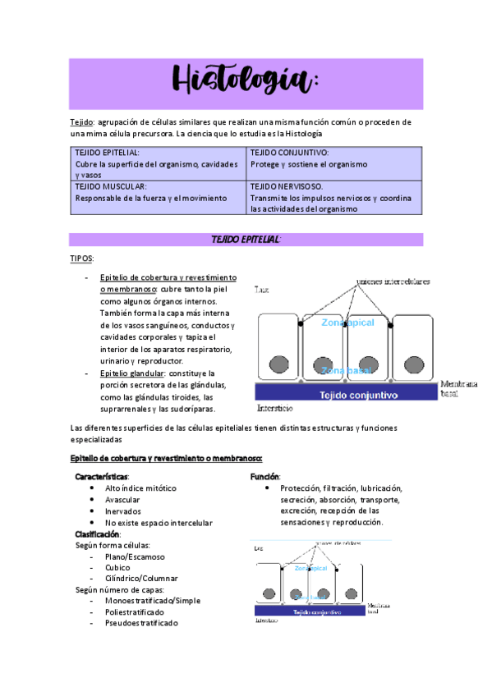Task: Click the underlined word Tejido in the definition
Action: pos(82,122)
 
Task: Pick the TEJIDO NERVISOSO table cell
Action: pos(334,198)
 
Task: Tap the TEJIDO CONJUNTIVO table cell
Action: pos(334,158)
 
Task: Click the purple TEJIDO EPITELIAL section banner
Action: pos(246,239)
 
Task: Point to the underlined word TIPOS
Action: pos(82,259)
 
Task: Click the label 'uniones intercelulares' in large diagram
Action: pos(392,282)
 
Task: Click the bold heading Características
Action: pos(102,476)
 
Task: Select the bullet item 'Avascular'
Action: pos(122,499)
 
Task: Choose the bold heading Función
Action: pos(265,476)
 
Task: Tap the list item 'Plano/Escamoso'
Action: pos(135,556)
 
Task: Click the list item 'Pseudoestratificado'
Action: pos(141,623)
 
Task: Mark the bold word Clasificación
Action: pos(97,534)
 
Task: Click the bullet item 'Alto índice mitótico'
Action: pos(140,488)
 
